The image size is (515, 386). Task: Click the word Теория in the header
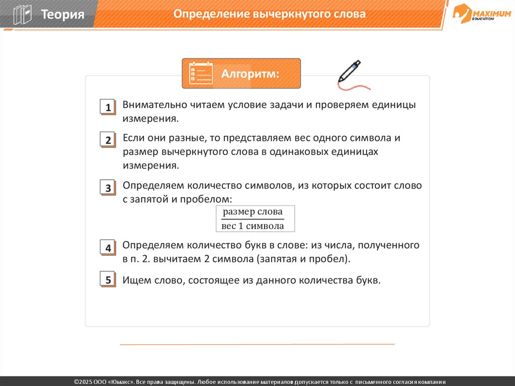(x=62, y=14)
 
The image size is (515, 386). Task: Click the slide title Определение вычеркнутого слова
(x=270, y=14)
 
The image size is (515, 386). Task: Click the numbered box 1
(x=108, y=107)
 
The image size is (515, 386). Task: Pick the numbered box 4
(x=108, y=248)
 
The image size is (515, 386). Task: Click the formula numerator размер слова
(x=252, y=212)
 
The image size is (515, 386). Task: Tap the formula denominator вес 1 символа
(x=252, y=226)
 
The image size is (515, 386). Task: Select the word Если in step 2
(x=133, y=138)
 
